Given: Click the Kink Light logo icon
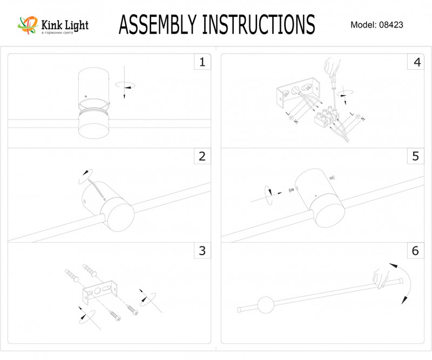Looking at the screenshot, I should tap(26, 24).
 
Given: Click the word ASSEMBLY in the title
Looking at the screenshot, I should tap(157, 24).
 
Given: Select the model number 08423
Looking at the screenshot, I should tap(391, 25).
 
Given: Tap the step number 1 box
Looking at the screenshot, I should tap(202, 62).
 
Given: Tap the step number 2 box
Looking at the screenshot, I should tap(202, 157).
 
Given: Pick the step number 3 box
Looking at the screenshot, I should tap(202, 251).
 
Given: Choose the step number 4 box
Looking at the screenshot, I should tap(415, 62).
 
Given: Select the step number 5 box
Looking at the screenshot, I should tap(415, 157).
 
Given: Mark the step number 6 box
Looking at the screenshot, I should tap(415, 251).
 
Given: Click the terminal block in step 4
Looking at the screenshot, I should tap(327, 117).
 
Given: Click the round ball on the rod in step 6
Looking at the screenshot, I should tap(266, 305).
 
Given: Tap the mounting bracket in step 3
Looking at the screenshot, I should tap(100, 291).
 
